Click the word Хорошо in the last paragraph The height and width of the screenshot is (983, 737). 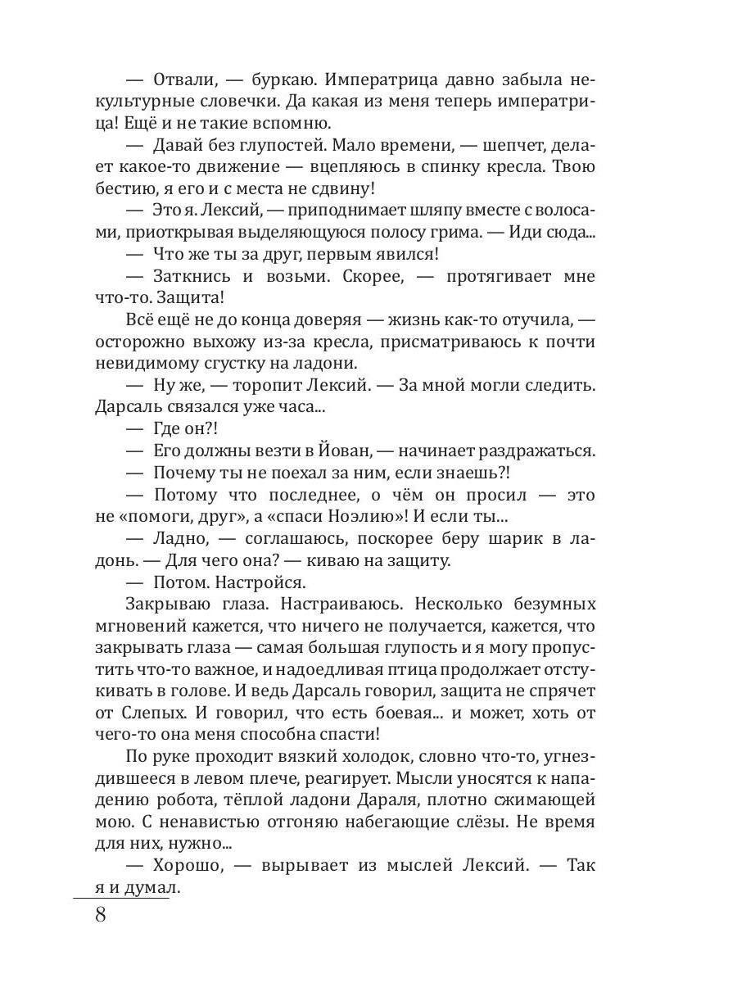[x=188, y=864]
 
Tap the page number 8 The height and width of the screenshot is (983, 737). [x=101, y=915]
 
